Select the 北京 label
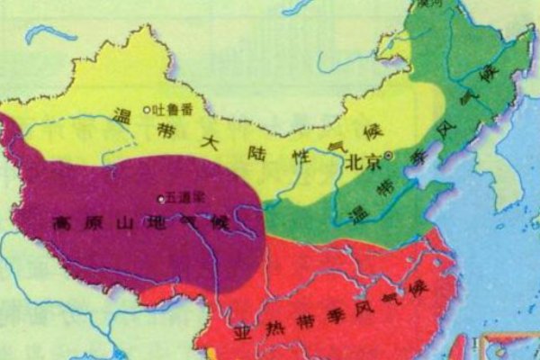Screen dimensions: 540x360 pos(364,163)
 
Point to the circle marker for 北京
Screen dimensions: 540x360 pos(388,156)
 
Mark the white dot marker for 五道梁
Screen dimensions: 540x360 pos(160,198)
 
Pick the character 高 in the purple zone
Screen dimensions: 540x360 pos(62,220)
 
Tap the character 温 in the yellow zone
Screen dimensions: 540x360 pos(122,114)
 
